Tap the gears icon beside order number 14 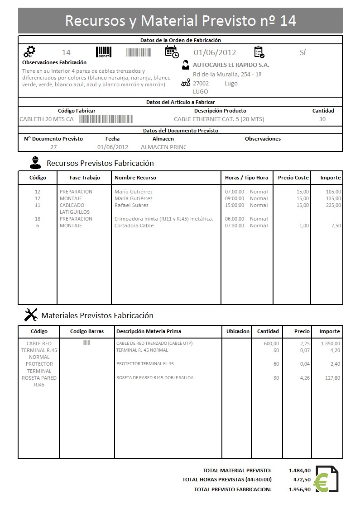pyautogui.click(x=29, y=52)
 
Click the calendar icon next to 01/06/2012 pyautogui.click(x=172, y=52)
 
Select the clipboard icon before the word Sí pyautogui.click(x=259, y=52)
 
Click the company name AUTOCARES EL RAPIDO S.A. pyautogui.click(x=231, y=65)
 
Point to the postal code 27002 pyautogui.click(x=201, y=83)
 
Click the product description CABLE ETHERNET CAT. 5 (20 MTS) pyautogui.click(x=219, y=119)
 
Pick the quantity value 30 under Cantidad pyautogui.click(x=322, y=119)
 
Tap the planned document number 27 pyautogui.click(x=53, y=147)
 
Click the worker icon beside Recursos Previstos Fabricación pyautogui.click(x=35, y=162)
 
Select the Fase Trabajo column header pyautogui.click(x=84, y=178)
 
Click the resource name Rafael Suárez pyautogui.click(x=131, y=205)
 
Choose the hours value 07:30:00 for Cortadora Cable pyautogui.click(x=235, y=226)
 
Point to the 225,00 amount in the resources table pyautogui.click(x=333, y=205)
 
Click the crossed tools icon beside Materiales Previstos pyautogui.click(x=30, y=315)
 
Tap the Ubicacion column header pyautogui.click(x=238, y=331)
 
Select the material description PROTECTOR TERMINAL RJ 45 pyautogui.click(x=145, y=363)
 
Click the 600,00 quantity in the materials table pyautogui.click(x=271, y=343)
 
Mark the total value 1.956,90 pyautogui.click(x=299, y=489)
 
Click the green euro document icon pyautogui.click(x=327, y=479)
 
